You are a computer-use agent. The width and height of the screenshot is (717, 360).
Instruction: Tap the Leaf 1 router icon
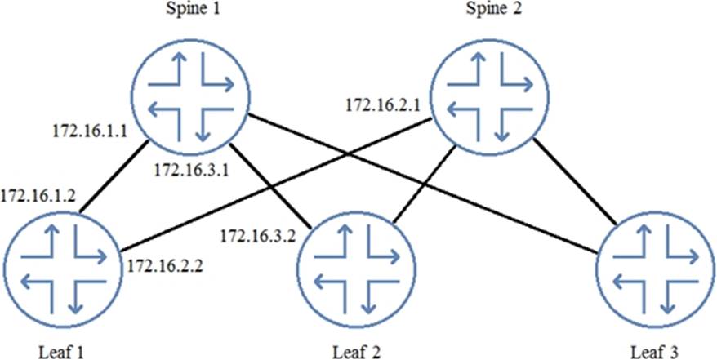click(62, 267)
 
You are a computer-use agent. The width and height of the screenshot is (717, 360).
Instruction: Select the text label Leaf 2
click(354, 350)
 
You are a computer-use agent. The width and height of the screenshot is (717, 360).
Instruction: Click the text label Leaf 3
click(654, 350)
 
